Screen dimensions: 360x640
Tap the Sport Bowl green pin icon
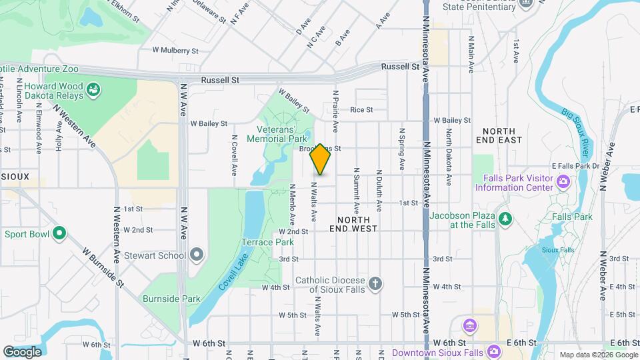pyautogui.click(x=59, y=233)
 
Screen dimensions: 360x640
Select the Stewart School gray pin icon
pyautogui.click(x=196, y=255)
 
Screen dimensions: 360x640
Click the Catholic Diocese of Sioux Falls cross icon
pyautogui.click(x=375, y=285)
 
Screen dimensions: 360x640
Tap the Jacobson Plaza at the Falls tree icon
pyautogui.click(x=505, y=219)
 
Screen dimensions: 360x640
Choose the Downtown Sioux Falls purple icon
pyautogui.click(x=493, y=351)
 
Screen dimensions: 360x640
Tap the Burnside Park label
pyautogui.click(x=171, y=299)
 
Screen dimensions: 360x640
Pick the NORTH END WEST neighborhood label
pyautogui.click(x=353, y=223)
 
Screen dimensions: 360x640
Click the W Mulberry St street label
pyautogui.click(x=175, y=50)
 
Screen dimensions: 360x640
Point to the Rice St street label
pyautogui.click(x=361, y=110)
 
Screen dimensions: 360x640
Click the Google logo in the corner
pyautogui.click(x=22, y=351)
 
